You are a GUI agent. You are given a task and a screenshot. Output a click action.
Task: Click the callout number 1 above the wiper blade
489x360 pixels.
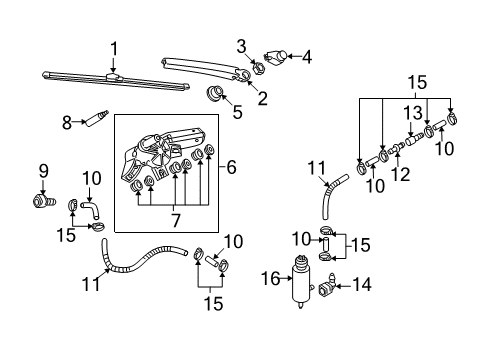pos(114,49)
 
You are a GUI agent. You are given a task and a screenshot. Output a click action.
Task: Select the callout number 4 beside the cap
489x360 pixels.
pos(307,57)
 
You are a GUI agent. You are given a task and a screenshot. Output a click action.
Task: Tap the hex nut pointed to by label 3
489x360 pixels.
pos(258,68)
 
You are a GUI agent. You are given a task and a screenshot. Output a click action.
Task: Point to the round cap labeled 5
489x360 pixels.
pos(214,92)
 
